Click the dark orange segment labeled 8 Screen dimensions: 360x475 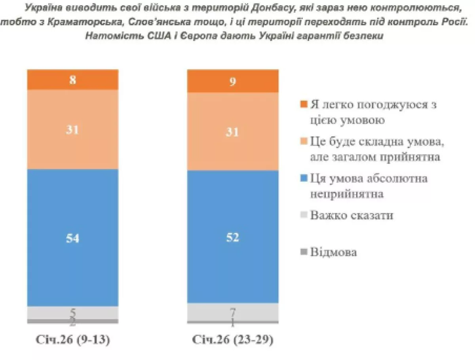72,80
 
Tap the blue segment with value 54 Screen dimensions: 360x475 72,238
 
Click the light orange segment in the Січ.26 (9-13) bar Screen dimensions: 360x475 72,129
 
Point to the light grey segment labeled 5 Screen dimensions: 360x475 72,313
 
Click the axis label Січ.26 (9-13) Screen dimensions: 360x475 73,340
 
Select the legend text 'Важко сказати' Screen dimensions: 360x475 351,216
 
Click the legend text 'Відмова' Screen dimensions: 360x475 333,252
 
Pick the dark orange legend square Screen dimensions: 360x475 304,105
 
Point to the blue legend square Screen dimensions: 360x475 304,178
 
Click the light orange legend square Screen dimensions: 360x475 304,142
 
